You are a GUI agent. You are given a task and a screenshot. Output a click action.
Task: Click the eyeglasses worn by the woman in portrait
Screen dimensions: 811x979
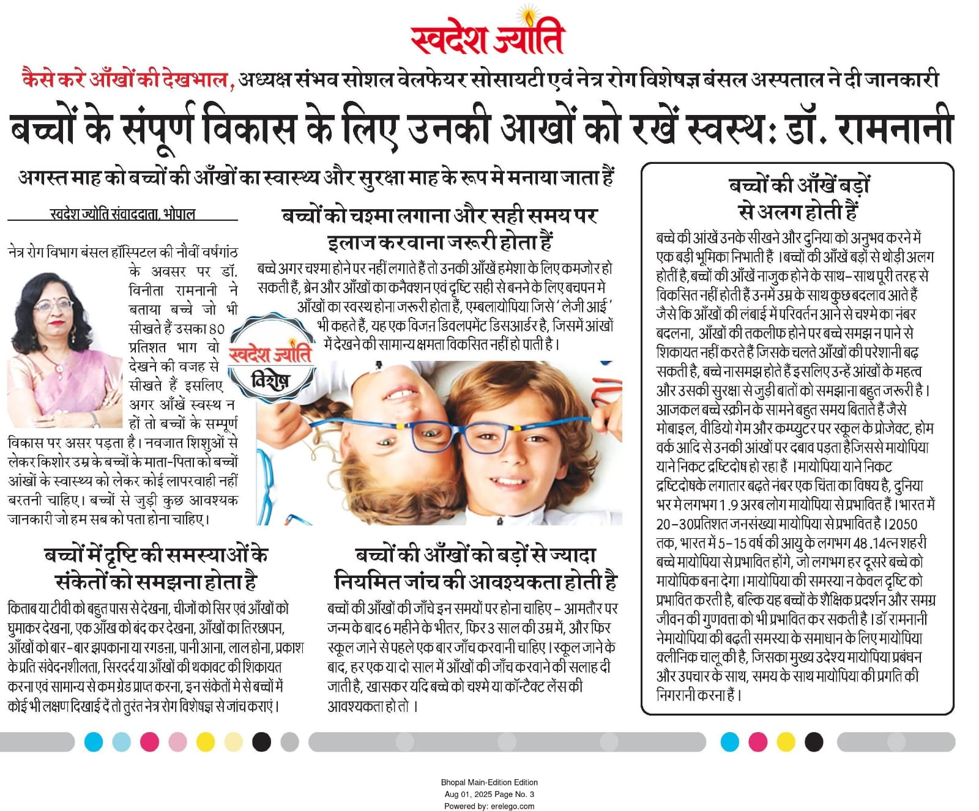tap(54, 304)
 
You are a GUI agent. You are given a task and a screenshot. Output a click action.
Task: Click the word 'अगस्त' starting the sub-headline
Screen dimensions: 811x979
tap(42, 177)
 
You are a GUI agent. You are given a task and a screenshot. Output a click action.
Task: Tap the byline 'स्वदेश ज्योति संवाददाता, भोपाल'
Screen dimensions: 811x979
tap(122, 214)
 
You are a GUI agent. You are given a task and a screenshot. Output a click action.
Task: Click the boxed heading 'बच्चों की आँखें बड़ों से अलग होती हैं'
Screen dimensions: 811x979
tap(798, 198)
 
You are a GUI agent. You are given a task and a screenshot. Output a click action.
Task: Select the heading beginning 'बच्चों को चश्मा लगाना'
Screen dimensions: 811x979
tap(439, 228)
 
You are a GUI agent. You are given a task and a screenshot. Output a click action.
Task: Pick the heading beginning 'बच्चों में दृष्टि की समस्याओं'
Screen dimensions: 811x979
tap(156, 568)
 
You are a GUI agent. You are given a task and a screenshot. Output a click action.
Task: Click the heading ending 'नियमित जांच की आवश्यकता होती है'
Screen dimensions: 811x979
tap(475, 568)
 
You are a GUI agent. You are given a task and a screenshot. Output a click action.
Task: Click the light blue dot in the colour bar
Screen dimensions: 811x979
tap(121, 742)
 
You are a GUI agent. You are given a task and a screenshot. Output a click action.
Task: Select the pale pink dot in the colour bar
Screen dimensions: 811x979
tap(177, 742)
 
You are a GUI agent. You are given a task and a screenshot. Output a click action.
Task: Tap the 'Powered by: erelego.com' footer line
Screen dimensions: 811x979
tap(489, 805)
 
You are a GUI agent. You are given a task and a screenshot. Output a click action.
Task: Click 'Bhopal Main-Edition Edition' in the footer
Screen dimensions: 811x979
tap(489, 782)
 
